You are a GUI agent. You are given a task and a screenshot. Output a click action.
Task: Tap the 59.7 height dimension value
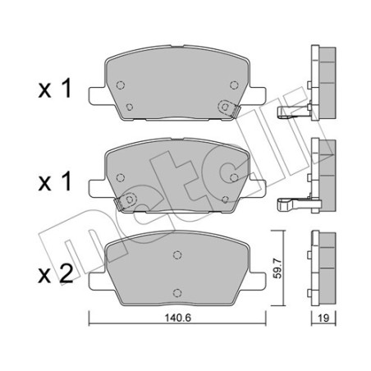coord(285,265)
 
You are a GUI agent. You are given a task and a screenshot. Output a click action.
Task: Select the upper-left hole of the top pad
coord(121,84)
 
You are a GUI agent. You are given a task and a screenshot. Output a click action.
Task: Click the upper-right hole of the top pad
coord(235,84)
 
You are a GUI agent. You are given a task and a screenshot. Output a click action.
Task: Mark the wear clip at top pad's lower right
coord(226,108)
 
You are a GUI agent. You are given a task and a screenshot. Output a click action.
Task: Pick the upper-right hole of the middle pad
coord(235,176)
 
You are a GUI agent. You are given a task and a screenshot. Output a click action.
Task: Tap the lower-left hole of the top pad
coord(131,108)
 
